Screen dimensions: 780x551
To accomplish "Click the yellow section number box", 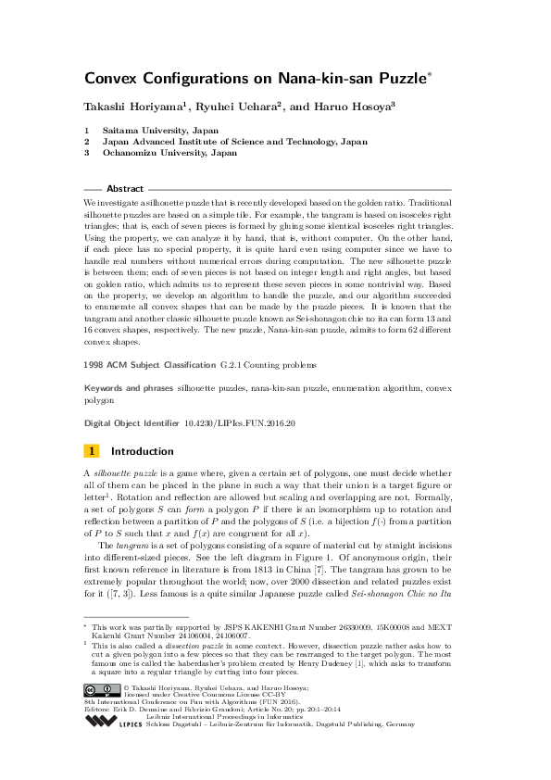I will tap(92, 451).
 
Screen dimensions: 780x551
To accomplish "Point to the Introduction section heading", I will tap(142, 451).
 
